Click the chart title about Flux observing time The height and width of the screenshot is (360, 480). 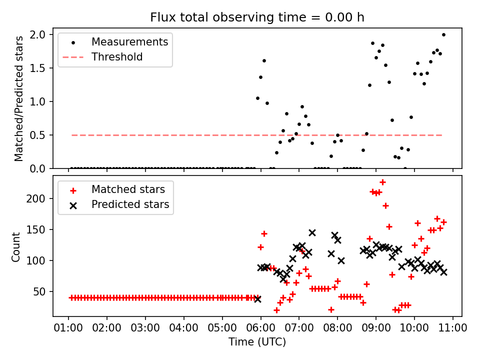[x=257, y=17]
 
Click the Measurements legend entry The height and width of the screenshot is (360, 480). [x=129, y=42]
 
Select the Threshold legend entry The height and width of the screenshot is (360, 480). [x=117, y=57]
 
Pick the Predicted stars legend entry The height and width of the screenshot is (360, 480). [x=130, y=204]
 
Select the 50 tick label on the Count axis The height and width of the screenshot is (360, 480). [x=41, y=291]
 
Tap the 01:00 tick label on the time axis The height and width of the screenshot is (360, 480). [x=68, y=328]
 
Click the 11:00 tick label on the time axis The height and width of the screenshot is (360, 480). [x=452, y=328]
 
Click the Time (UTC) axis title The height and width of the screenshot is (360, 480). [x=257, y=342]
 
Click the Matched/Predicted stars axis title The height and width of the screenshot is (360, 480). [x=18, y=98]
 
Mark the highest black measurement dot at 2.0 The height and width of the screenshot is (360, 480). [x=443, y=34]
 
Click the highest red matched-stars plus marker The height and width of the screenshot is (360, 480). [x=382, y=182]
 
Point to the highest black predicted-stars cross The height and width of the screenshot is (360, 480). [x=312, y=232]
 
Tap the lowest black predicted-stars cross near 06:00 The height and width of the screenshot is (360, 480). [x=257, y=298]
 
